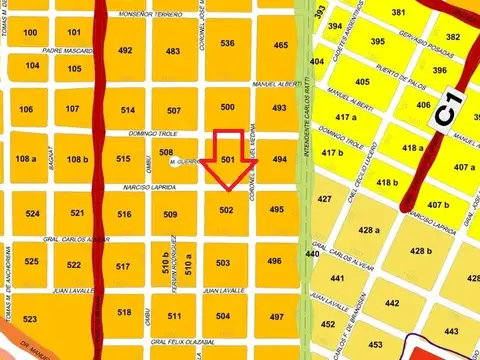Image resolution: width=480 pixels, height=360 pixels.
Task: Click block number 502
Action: [x=226, y=211]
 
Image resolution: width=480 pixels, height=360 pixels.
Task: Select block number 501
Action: [x=228, y=160]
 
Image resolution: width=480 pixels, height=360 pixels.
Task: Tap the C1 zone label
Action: [x=446, y=109]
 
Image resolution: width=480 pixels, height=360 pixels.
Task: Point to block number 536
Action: [x=227, y=43]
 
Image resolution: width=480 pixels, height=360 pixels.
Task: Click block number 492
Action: [x=125, y=50]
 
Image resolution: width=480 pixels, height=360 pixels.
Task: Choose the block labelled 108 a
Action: [x=26, y=159]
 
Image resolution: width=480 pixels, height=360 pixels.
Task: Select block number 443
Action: [x=451, y=331]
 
